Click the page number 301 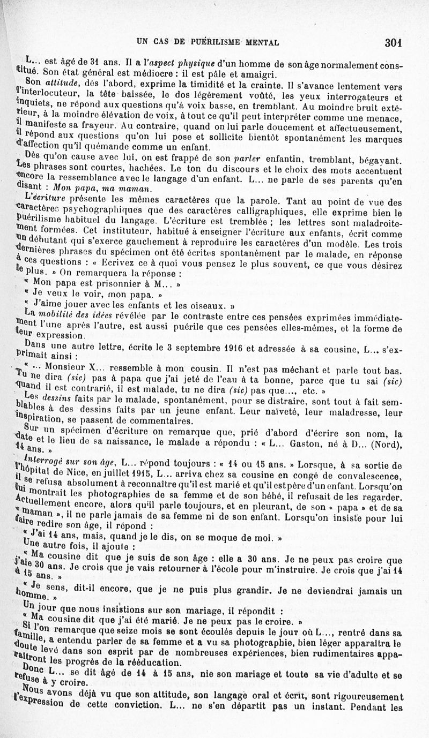393,42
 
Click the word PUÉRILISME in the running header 211,41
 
